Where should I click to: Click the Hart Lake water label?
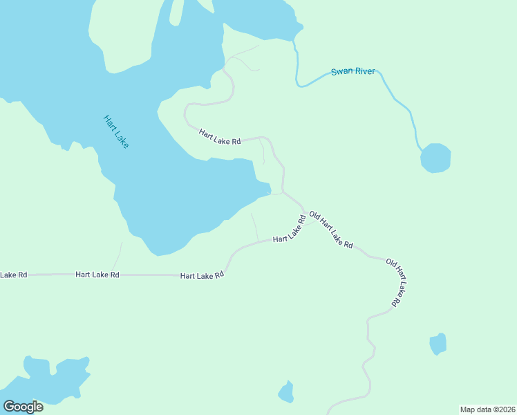click(x=115, y=131)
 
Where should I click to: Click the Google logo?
click(x=23, y=407)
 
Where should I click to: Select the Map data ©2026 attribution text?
click(x=487, y=409)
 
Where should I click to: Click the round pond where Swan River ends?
click(x=435, y=158)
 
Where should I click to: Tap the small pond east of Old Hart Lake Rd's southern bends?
click(x=438, y=343)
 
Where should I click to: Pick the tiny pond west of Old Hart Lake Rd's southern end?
click(x=286, y=393)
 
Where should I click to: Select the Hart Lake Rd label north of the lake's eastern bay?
click(x=220, y=137)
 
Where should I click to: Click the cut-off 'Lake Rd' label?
click(x=13, y=275)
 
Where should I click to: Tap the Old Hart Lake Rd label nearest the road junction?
click(x=331, y=230)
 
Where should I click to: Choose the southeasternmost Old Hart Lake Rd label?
click(x=393, y=282)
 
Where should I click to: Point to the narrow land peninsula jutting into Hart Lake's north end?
click(x=176, y=17)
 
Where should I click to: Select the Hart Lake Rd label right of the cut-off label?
click(x=97, y=275)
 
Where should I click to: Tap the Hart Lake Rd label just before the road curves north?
click(x=202, y=275)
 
